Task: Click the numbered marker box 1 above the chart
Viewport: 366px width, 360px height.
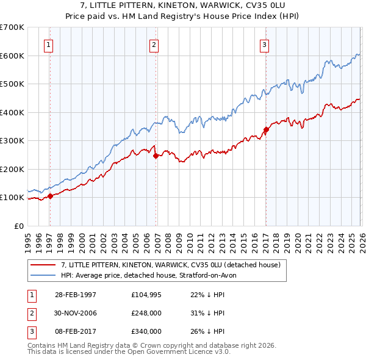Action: click(48, 45)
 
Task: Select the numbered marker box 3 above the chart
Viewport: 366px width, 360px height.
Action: click(264, 45)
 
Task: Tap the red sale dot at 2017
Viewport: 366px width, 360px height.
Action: click(266, 129)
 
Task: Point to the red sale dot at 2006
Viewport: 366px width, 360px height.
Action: click(156, 156)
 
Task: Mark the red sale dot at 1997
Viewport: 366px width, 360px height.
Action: click(51, 196)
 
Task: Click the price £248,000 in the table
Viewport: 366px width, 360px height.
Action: click(146, 313)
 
